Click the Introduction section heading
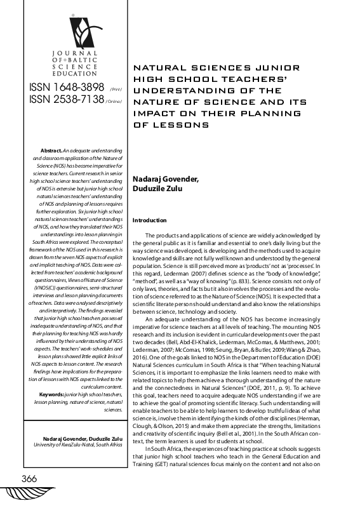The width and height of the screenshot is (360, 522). tap(149, 220)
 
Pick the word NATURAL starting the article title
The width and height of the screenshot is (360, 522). tap(156, 66)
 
